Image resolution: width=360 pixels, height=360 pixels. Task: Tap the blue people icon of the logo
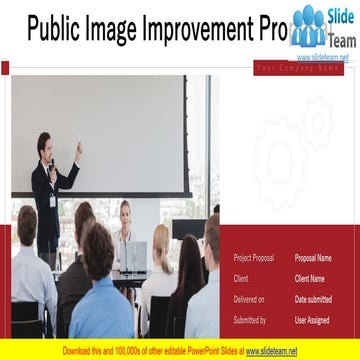coord(309,26)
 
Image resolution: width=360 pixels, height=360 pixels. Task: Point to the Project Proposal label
coord(253,258)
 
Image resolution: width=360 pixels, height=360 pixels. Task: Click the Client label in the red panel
coord(241,278)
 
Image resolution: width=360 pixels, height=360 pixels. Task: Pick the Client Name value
coord(310,278)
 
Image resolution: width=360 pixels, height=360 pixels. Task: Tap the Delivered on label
coord(249,299)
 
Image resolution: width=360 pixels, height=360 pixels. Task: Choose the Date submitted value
coord(313,299)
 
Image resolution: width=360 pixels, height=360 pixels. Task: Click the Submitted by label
coord(249,320)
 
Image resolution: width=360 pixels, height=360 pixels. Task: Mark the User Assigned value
coord(312,320)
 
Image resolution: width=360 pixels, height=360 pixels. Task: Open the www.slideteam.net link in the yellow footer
coord(272,351)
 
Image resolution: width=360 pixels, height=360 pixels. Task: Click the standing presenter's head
coord(44,143)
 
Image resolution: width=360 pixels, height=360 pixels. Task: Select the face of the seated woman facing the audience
coord(125,211)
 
